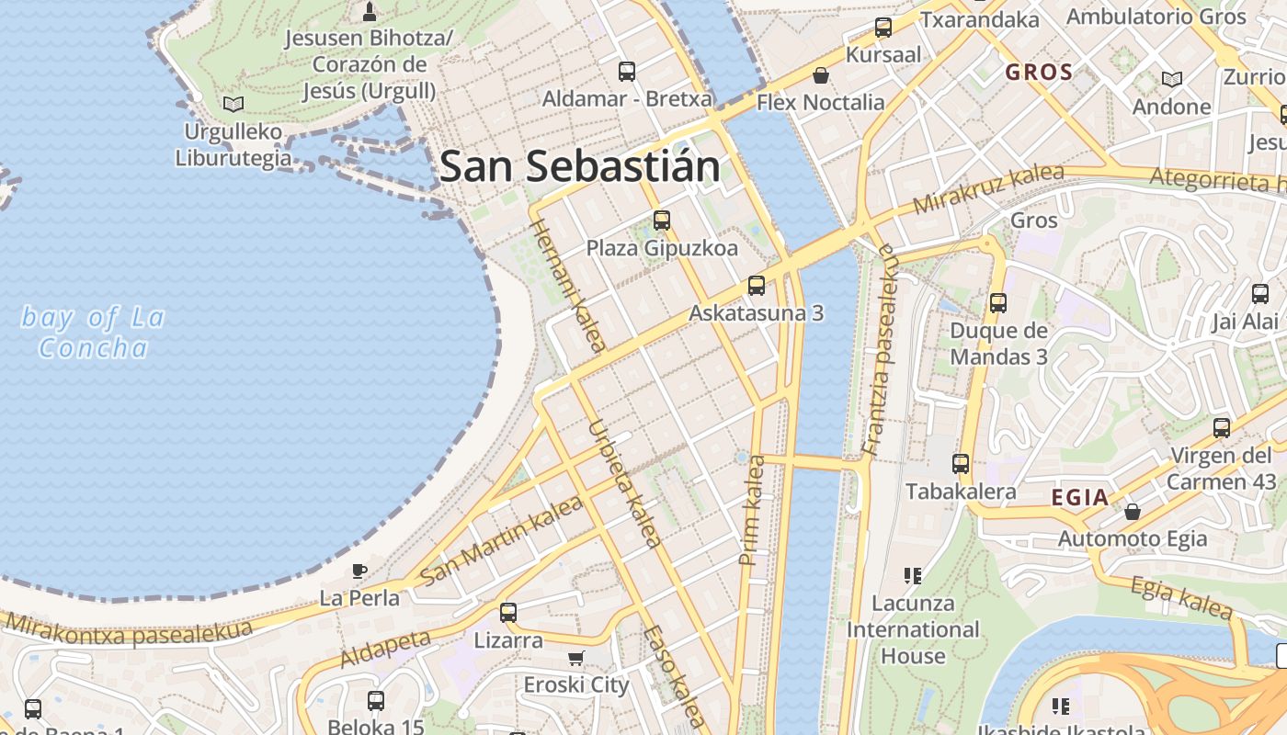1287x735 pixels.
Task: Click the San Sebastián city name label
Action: (x=579, y=166)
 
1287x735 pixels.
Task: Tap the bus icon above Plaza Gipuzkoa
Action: (x=662, y=220)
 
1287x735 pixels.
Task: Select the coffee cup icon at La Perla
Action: (x=359, y=571)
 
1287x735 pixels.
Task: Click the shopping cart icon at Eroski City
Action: (x=576, y=658)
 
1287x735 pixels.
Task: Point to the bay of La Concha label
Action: (x=93, y=333)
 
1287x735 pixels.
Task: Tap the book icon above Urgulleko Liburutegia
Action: (x=233, y=104)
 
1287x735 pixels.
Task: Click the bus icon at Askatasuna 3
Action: (x=757, y=286)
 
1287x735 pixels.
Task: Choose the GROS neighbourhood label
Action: (x=1039, y=72)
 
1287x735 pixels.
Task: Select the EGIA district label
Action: (x=1080, y=498)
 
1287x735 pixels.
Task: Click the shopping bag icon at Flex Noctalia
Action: (x=820, y=75)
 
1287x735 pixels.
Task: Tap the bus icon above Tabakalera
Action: (x=961, y=464)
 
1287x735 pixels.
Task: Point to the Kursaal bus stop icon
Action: (x=883, y=28)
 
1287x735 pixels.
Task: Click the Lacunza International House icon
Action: (x=913, y=576)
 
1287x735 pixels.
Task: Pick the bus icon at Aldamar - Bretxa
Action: (x=627, y=72)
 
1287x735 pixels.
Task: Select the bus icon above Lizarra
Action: (x=508, y=612)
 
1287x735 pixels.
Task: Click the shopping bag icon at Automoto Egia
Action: (x=1133, y=511)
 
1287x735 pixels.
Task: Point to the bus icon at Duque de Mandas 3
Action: (x=998, y=303)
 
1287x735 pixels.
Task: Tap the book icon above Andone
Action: (x=1171, y=80)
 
